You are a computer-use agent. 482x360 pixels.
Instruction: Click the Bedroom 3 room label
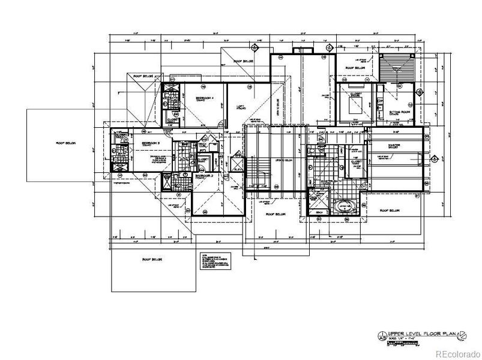click(x=150, y=144)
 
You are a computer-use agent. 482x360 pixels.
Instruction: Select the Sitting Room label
click(x=399, y=112)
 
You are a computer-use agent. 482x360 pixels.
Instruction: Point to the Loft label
click(x=239, y=106)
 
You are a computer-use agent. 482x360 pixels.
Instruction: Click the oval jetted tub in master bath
click(x=348, y=208)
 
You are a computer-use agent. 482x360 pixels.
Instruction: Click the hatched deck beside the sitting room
click(x=399, y=64)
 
